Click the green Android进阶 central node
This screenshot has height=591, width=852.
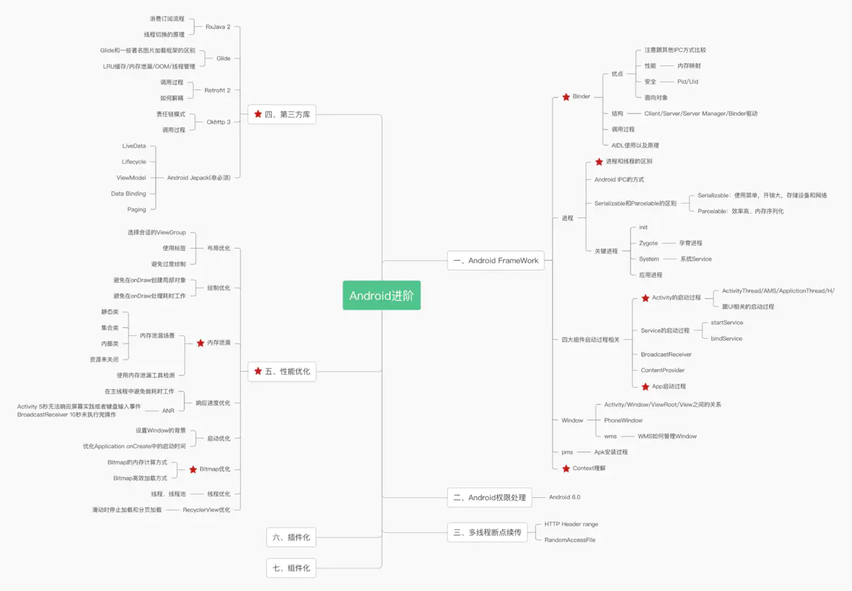pyautogui.click(x=381, y=295)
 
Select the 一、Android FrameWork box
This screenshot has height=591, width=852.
pyautogui.click(x=496, y=261)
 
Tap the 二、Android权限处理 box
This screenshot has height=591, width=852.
pyautogui.click(x=489, y=498)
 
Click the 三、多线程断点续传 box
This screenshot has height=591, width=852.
pyautogui.click(x=487, y=532)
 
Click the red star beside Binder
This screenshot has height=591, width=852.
pyautogui.click(x=566, y=97)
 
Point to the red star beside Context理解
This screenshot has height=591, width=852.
pyautogui.click(x=566, y=469)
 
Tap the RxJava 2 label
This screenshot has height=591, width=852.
pyautogui.click(x=218, y=26)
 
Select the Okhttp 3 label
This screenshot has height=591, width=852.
pyautogui.click(x=218, y=122)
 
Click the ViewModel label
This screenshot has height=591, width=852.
pyautogui.click(x=131, y=178)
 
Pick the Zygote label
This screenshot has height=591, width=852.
pyautogui.click(x=648, y=243)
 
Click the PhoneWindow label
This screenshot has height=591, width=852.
pyautogui.click(x=619, y=421)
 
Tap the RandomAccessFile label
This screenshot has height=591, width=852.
pyautogui.click(x=569, y=541)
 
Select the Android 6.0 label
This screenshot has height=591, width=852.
pyautogui.click(x=564, y=497)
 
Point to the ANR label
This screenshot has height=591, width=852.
pyautogui.click(x=168, y=411)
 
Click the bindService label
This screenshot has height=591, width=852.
pyautogui.click(x=726, y=339)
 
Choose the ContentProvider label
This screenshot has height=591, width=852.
pyautogui.click(x=662, y=370)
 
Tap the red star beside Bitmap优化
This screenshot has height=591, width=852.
pyautogui.click(x=193, y=470)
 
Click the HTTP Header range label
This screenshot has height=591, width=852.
pyautogui.click(x=571, y=524)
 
